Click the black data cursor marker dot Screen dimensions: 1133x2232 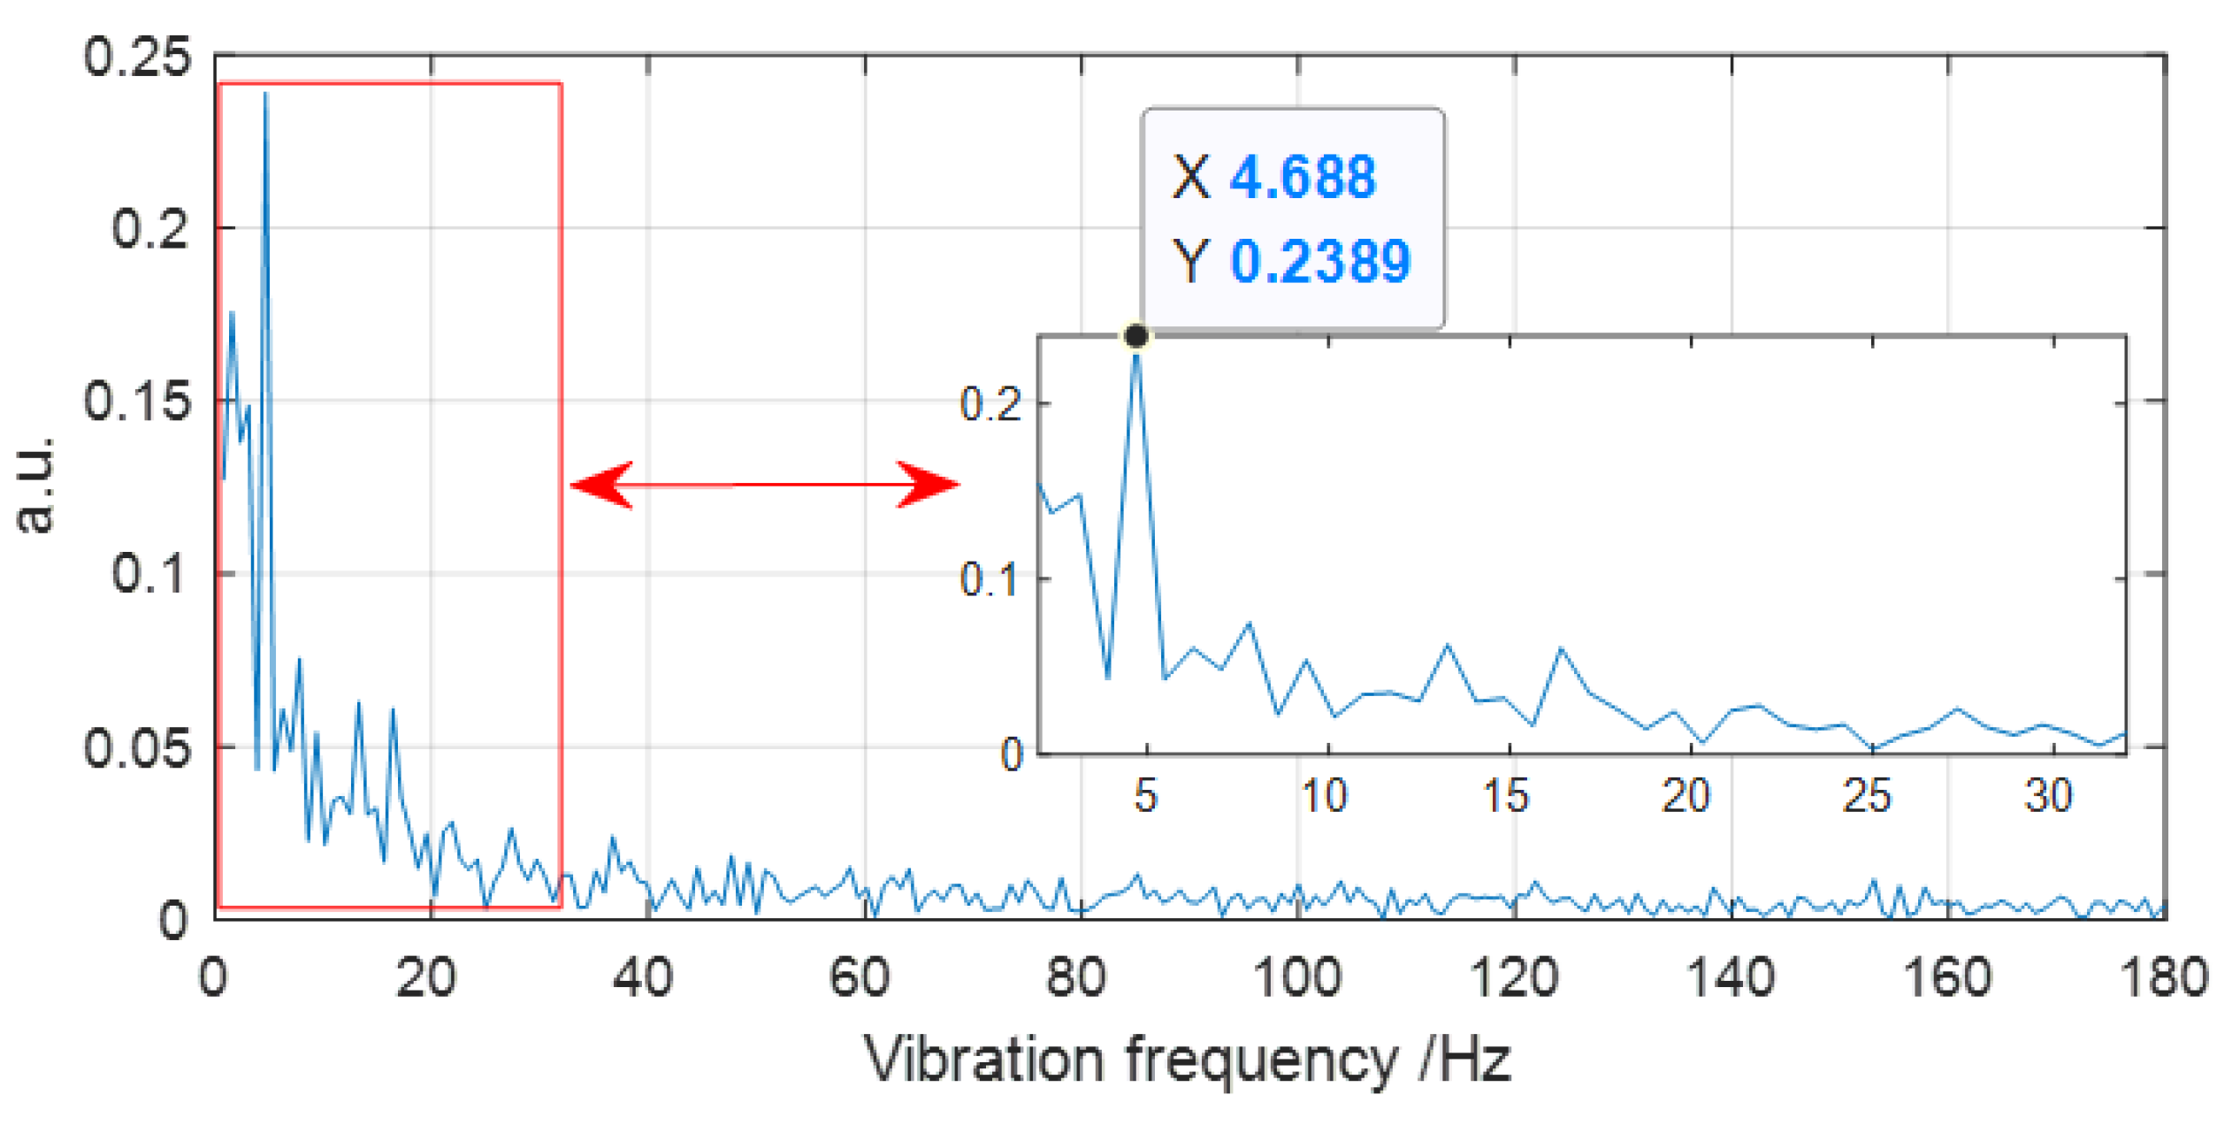point(1136,336)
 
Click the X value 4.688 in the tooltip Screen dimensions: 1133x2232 point(1303,177)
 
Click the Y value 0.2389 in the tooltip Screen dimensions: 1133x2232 point(1319,262)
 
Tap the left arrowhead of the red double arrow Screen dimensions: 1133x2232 point(603,485)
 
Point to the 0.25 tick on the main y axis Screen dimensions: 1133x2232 point(137,57)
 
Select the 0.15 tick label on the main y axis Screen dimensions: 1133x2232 point(137,402)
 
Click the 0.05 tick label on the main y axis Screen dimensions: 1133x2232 point(137,748)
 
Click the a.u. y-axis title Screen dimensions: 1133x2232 point(35,485)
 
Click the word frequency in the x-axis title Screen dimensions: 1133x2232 point(1261,1060)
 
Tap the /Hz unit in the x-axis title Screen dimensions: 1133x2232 point(1464,1060)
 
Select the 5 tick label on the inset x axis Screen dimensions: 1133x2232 point(1145,796)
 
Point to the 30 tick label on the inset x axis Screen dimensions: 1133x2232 point(2048,796)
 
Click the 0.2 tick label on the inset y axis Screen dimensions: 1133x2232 point(990,405)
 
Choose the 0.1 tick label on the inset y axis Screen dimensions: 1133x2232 point(990,580)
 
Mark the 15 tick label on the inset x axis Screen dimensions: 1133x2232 point(1506,796)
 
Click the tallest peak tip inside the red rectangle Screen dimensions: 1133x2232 point(265,94)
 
